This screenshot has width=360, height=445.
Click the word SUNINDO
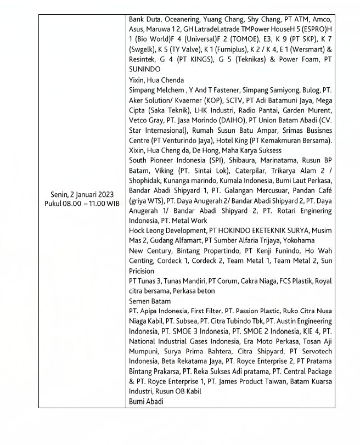[145, 70]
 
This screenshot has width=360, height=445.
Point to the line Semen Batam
[149, 301]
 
